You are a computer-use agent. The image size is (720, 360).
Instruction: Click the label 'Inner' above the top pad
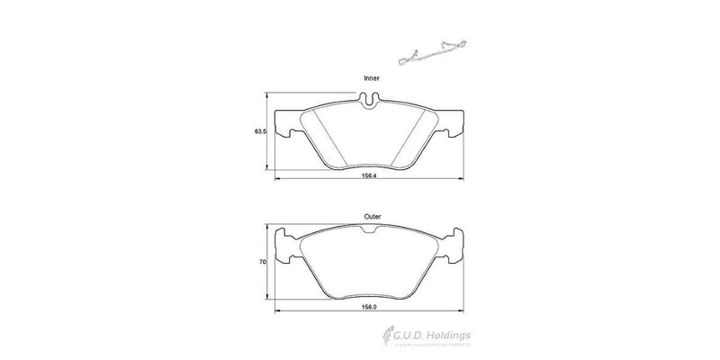(x=371, y=79)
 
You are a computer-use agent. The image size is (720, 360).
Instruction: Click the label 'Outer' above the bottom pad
(x=373, y=216)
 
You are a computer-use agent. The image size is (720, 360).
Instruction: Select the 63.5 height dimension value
(x=258, y=132)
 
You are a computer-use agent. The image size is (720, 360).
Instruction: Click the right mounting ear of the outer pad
(x=456, y=249)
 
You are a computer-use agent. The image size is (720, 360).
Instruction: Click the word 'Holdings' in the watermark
(x=456, y=336)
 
